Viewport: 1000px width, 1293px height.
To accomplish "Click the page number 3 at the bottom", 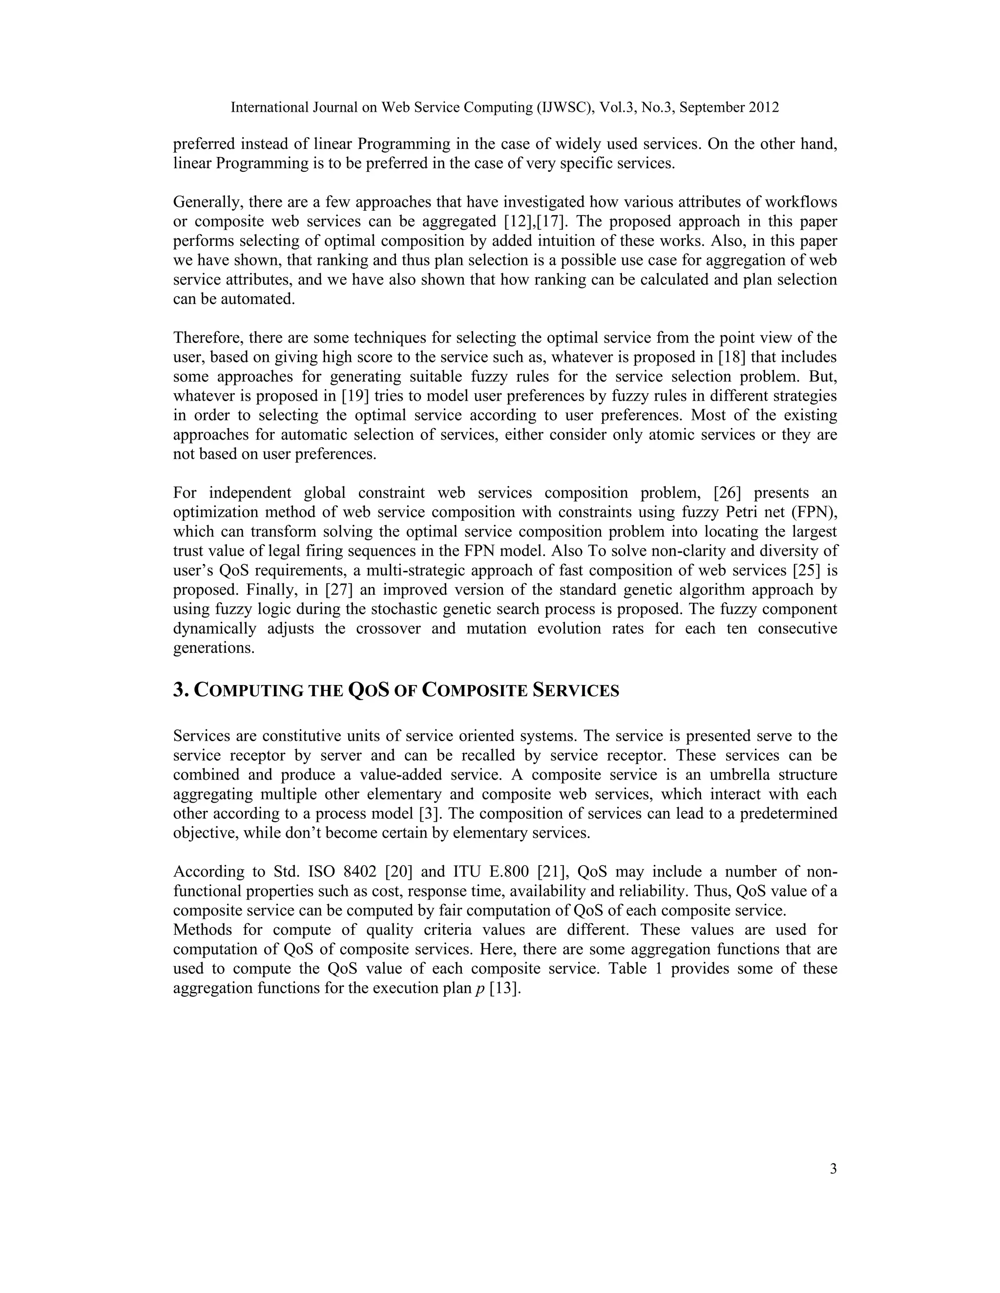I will click(833, 1169).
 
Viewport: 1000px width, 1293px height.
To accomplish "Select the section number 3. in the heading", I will click(181, 690).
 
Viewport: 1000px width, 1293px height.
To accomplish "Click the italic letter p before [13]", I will click(480, 988).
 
